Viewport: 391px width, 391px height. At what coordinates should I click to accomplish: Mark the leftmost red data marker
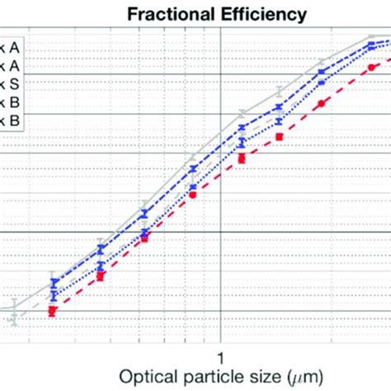coord(52,311)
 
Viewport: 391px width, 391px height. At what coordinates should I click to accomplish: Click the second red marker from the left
coord(100,276)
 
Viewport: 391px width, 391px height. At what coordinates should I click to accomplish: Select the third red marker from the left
coord(144,238)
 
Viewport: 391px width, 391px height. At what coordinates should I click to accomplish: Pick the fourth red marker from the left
coord(192,195)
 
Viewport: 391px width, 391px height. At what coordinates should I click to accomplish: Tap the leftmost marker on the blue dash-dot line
coord(54,284)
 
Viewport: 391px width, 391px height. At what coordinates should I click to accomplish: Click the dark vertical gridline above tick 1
coord(220,206)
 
